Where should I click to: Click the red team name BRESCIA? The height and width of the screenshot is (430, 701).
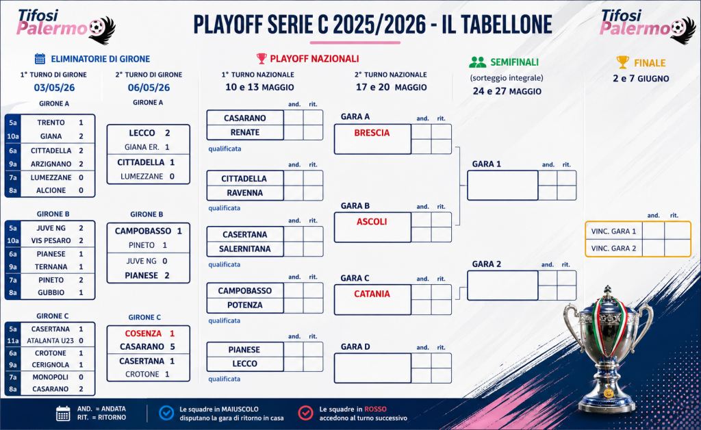point(372,133)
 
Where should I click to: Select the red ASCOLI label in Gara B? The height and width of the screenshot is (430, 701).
point(372,222)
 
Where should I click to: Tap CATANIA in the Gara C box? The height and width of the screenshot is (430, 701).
point(372,294)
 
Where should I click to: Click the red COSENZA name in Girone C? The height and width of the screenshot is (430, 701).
point(143,333)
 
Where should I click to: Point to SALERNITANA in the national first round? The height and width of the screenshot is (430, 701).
point(244,249)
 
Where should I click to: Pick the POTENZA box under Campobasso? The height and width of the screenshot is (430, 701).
point(244,305)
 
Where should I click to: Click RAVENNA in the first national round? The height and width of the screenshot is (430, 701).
point(244,192)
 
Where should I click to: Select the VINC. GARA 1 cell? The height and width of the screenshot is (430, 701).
point(613,231)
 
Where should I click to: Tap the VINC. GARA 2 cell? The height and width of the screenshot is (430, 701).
point(613,248)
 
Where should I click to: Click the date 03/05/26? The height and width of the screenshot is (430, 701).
point(54,88)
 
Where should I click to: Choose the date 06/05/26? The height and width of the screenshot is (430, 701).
point(149,88)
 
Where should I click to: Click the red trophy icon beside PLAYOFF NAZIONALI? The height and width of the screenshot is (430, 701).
point(262,59)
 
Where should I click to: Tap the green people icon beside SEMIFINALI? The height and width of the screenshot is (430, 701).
point(477,62)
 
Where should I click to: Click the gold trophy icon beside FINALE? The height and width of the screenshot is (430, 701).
point(622,62)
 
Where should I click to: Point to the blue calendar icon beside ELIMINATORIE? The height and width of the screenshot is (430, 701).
point(40,59)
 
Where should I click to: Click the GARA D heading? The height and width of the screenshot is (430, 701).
point(355,347)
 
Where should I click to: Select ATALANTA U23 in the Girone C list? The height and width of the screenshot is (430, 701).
point(50,340)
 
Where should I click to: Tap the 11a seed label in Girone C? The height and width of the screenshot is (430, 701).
point(13,340)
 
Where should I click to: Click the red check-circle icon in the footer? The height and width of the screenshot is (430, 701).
point(306,413)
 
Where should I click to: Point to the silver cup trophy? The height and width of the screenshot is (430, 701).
point(608,349)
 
